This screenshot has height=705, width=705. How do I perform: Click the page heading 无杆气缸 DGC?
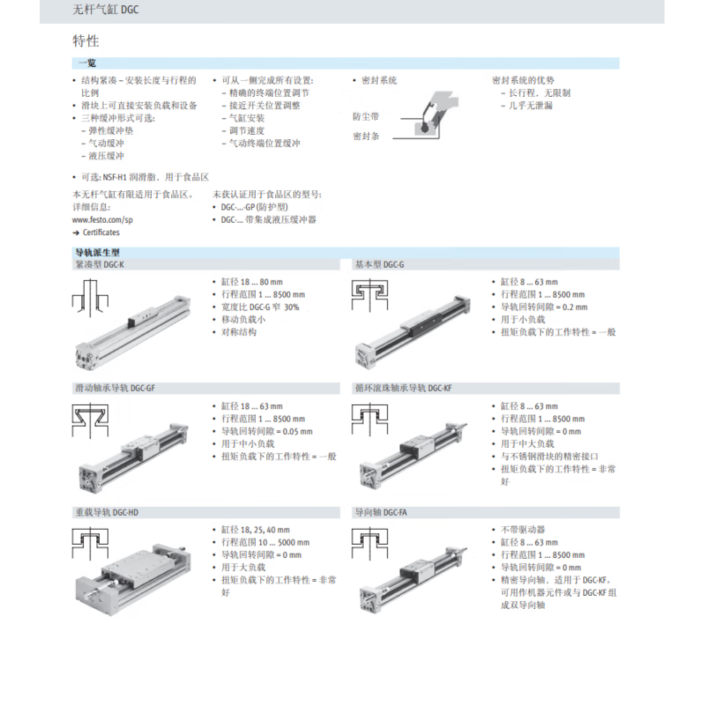tap(105, 10)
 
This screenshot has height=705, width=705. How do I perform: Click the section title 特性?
tap(85, 41)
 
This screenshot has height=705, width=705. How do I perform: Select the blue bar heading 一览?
tap(87, 63)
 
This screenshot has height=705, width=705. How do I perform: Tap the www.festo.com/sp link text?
tap(101, 219)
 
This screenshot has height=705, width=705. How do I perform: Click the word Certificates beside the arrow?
tap(101, 233)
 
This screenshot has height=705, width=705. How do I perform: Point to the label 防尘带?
tap(366, 116)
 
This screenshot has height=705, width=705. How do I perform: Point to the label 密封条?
tap(366, 136)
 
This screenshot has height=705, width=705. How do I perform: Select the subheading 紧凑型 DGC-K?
tap(100, 264)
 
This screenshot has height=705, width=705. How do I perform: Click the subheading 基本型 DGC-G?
tap(380, 264)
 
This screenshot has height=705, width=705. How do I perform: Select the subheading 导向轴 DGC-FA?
tap(381, 512)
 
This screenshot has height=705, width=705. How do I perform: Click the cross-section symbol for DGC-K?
tap(90, 297)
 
